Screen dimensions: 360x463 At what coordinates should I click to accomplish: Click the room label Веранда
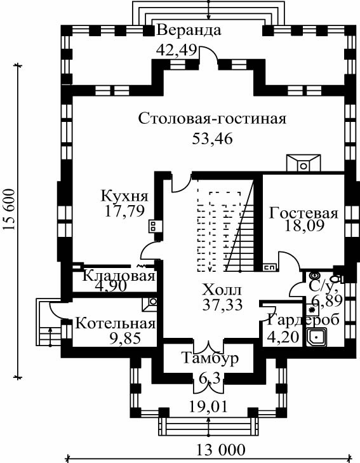189,30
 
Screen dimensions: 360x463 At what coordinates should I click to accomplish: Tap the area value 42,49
177,50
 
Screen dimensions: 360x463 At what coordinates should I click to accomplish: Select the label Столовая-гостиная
212,119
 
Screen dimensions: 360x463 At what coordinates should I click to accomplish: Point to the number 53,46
213,138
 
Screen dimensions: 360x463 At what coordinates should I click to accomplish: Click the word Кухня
124,196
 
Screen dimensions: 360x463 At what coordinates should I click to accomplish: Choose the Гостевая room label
303,213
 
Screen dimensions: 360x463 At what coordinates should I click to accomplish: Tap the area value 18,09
305,225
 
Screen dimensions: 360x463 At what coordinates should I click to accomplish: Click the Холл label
222,290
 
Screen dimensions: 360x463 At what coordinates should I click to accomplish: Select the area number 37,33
222,304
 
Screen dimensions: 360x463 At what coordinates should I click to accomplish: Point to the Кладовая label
119,276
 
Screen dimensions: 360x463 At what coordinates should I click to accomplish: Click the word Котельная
116,323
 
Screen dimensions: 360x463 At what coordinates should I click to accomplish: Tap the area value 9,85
125,338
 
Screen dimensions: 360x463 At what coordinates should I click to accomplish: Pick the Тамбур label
210,358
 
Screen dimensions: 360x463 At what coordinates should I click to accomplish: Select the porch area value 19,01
208,407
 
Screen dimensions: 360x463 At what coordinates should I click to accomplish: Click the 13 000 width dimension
221,450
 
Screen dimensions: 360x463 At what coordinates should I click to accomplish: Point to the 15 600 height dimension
9,210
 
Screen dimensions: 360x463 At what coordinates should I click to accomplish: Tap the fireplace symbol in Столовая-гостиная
303,163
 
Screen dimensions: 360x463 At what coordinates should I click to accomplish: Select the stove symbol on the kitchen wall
154,226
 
